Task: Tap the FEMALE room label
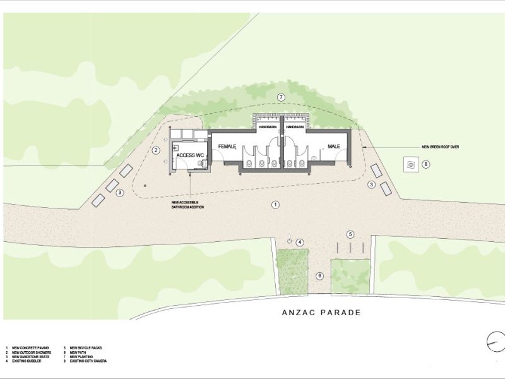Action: pyautogui.click(x=227, y=147)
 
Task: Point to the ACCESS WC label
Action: pyautogui.click(x=189, y=155)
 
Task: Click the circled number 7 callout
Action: pyautogui.click(x=282, y=97)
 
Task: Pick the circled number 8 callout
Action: pyautogui.click(x=426, y=165)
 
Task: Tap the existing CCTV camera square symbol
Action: pyautogui.click(x=411, y=165)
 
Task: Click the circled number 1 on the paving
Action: pyautogui.click(x=275, y=204)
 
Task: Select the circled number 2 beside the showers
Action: pyautogui.click(x=155, y=150)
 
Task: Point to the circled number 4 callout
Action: pyautogui.click(x=300, y=242)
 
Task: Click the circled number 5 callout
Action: pyautogui.click(x=350, y=235)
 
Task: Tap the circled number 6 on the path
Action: pyautogui.click(x=319, y=275)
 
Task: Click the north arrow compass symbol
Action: pyautogui.click(x=495, y=342)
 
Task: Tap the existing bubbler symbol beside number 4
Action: pyautogui.click(x=289, y=241)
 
